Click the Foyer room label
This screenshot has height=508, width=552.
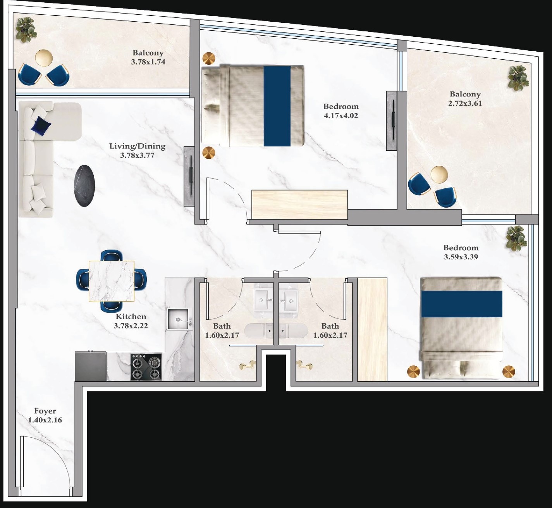coord(45,411)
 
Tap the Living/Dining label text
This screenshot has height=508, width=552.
coord(137,146)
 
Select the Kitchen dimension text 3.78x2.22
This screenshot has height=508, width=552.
coord(131,326)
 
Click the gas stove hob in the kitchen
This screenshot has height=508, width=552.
coord(146,367)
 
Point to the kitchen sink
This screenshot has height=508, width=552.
coord(179,319)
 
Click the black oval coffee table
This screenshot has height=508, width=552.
coord(84,186)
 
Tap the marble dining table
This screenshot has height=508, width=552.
coord(112,281)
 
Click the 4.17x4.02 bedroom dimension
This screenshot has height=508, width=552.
coord(341,115)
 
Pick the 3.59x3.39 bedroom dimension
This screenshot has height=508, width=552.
coord(461,257)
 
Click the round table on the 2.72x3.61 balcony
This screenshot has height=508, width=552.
coord(439,174)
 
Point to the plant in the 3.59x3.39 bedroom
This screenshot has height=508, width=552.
coord(516,238)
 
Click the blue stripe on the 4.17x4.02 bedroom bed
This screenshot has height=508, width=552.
coord(277,106)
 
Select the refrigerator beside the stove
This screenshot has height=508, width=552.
coord(90,366)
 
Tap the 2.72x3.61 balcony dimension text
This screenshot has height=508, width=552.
coord(465,103)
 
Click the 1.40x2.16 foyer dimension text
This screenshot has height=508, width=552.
coord(45,420)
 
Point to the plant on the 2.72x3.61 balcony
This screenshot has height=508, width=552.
coord(518,77)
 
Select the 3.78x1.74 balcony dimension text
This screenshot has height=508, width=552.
coord(148,62)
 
